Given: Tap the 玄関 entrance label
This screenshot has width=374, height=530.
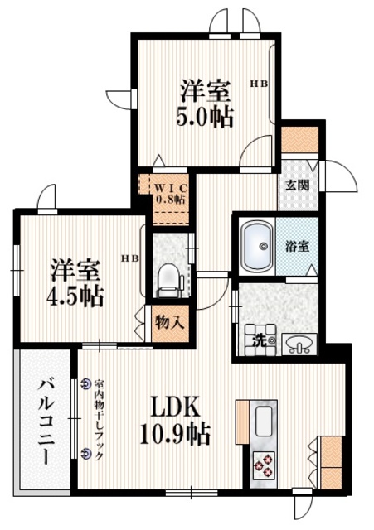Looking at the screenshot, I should (299, 185).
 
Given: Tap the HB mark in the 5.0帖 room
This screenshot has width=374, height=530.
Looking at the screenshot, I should (260, 83).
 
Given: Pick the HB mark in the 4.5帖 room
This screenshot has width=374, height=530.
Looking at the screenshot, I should (130, 258).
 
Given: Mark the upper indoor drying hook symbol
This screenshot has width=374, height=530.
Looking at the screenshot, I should (86, 383).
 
